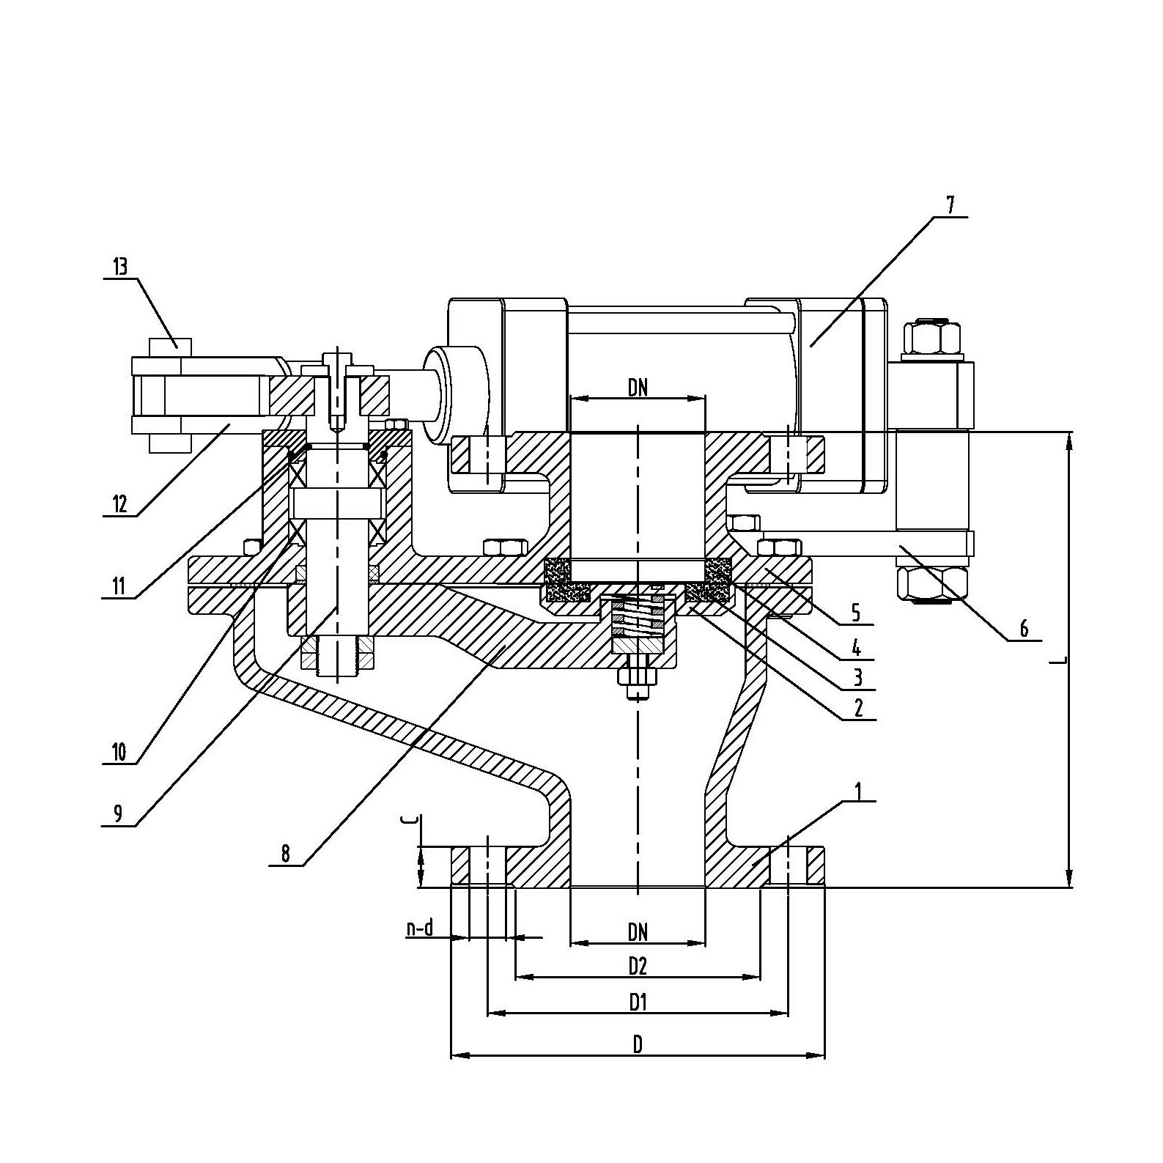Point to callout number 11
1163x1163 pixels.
coord(119,586)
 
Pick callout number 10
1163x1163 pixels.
coord(119,751)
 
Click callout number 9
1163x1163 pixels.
coord(119,813)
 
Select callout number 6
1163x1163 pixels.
coord(1024,628)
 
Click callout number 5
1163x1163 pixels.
coord(856,612)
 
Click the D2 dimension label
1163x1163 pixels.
coord(638,966)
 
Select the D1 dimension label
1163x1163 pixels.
coord(638,1002)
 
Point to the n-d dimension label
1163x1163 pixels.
coord(420,929)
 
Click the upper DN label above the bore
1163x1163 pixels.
coord(638,388)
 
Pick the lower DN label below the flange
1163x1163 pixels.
coord(638,931)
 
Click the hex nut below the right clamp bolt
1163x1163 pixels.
coord(932,584)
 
